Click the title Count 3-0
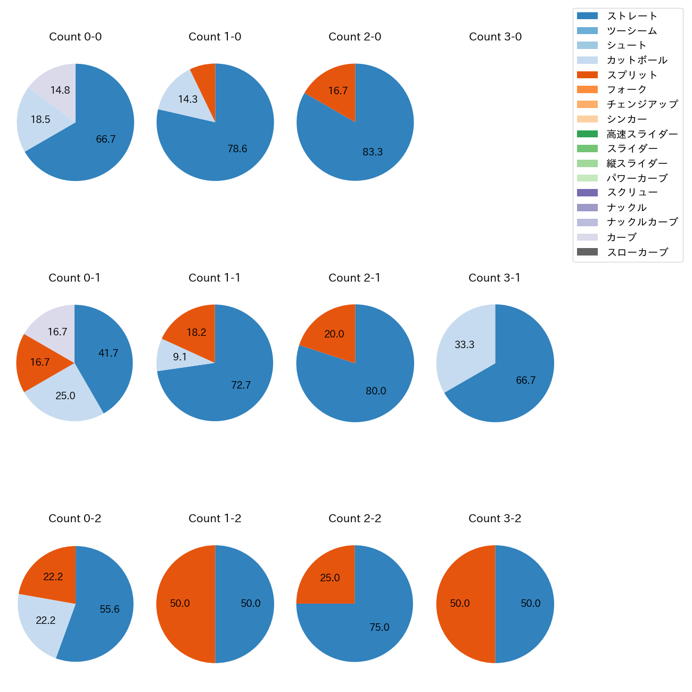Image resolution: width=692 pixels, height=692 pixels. click(495, 37)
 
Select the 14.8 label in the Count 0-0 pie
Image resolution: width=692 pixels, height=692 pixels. click(60, 90)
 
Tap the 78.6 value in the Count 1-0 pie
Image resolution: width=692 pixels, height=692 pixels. click(237, 149)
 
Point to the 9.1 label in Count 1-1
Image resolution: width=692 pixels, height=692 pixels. click(180, 357)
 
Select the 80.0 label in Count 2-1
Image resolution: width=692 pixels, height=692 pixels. click(376, 391)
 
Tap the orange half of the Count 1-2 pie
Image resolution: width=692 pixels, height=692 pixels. click(181, 604)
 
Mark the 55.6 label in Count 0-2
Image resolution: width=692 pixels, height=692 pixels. click(110, 609)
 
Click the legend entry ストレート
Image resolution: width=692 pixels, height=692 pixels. click(632, 16)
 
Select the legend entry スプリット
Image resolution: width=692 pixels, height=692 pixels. click(632, 75)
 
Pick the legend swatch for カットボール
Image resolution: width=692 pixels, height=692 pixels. click(587, 60)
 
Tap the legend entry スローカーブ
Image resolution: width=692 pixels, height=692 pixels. click(637, 252)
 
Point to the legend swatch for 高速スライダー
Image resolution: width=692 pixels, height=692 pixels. click(587, 134)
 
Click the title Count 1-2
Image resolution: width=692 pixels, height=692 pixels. click(215, 518)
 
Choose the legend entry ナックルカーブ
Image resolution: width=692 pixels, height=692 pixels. click(642, 223)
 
